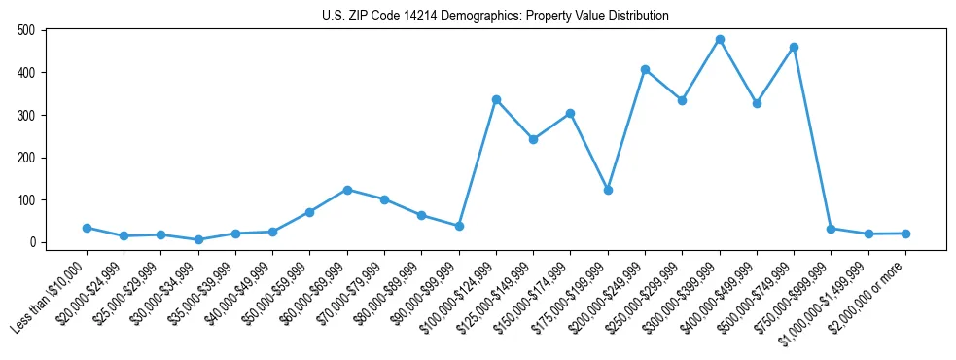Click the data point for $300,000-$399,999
click(x=720, y=40)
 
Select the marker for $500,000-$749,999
click(x=794, y=47)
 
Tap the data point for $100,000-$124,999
click(x=496, y=99)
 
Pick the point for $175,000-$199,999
click(x=608, y=190)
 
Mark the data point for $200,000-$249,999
click(x=645, y=69)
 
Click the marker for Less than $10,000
click(x=87, y=228)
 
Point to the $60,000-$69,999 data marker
click(x=347, y=190)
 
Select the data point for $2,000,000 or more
click(x=905, y=234)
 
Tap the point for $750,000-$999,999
click(x=831, y=229)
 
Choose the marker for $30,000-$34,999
click(x=198, y=239)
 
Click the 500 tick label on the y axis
click(x=27, y=30)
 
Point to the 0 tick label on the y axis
click(x=33, y=242)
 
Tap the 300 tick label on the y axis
click(x=27, y=115)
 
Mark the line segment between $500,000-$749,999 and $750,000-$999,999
click(x=812, y=137)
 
